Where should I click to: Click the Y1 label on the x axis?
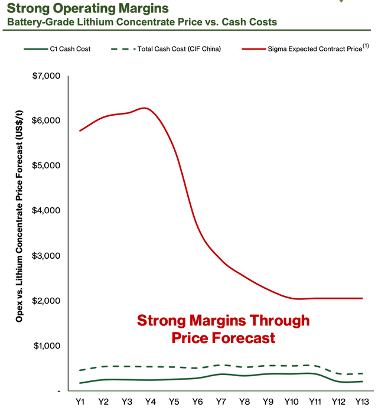pyautogui.click(x=80, y=401)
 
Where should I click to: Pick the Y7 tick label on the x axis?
pyautogui.click(x=220, y=401)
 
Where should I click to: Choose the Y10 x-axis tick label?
pyautogui.click(x=290, y=401)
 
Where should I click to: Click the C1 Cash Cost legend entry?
pyautogui.click(x=70, y=49)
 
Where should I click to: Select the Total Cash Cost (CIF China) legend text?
pyautogui.click(x=178, y=49)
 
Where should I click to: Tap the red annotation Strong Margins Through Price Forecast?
pyautogui.click(x=223, y=329)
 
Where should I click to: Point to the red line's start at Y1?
pyautogui.click(x=80, y=131)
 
